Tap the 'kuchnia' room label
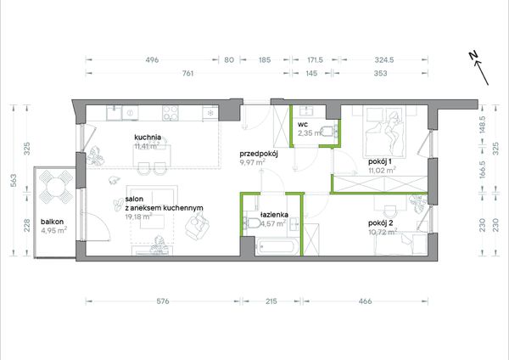148,137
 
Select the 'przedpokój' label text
259,154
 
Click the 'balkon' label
53,222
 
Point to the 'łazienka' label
274,215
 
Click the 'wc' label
303,124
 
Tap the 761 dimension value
188,73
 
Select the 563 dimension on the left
14,180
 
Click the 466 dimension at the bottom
365,301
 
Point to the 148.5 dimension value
482,125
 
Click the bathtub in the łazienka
277,248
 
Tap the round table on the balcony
56,188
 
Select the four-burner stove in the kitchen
171,113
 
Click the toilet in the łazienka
252,223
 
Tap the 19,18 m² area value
138,217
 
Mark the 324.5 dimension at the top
384,59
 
